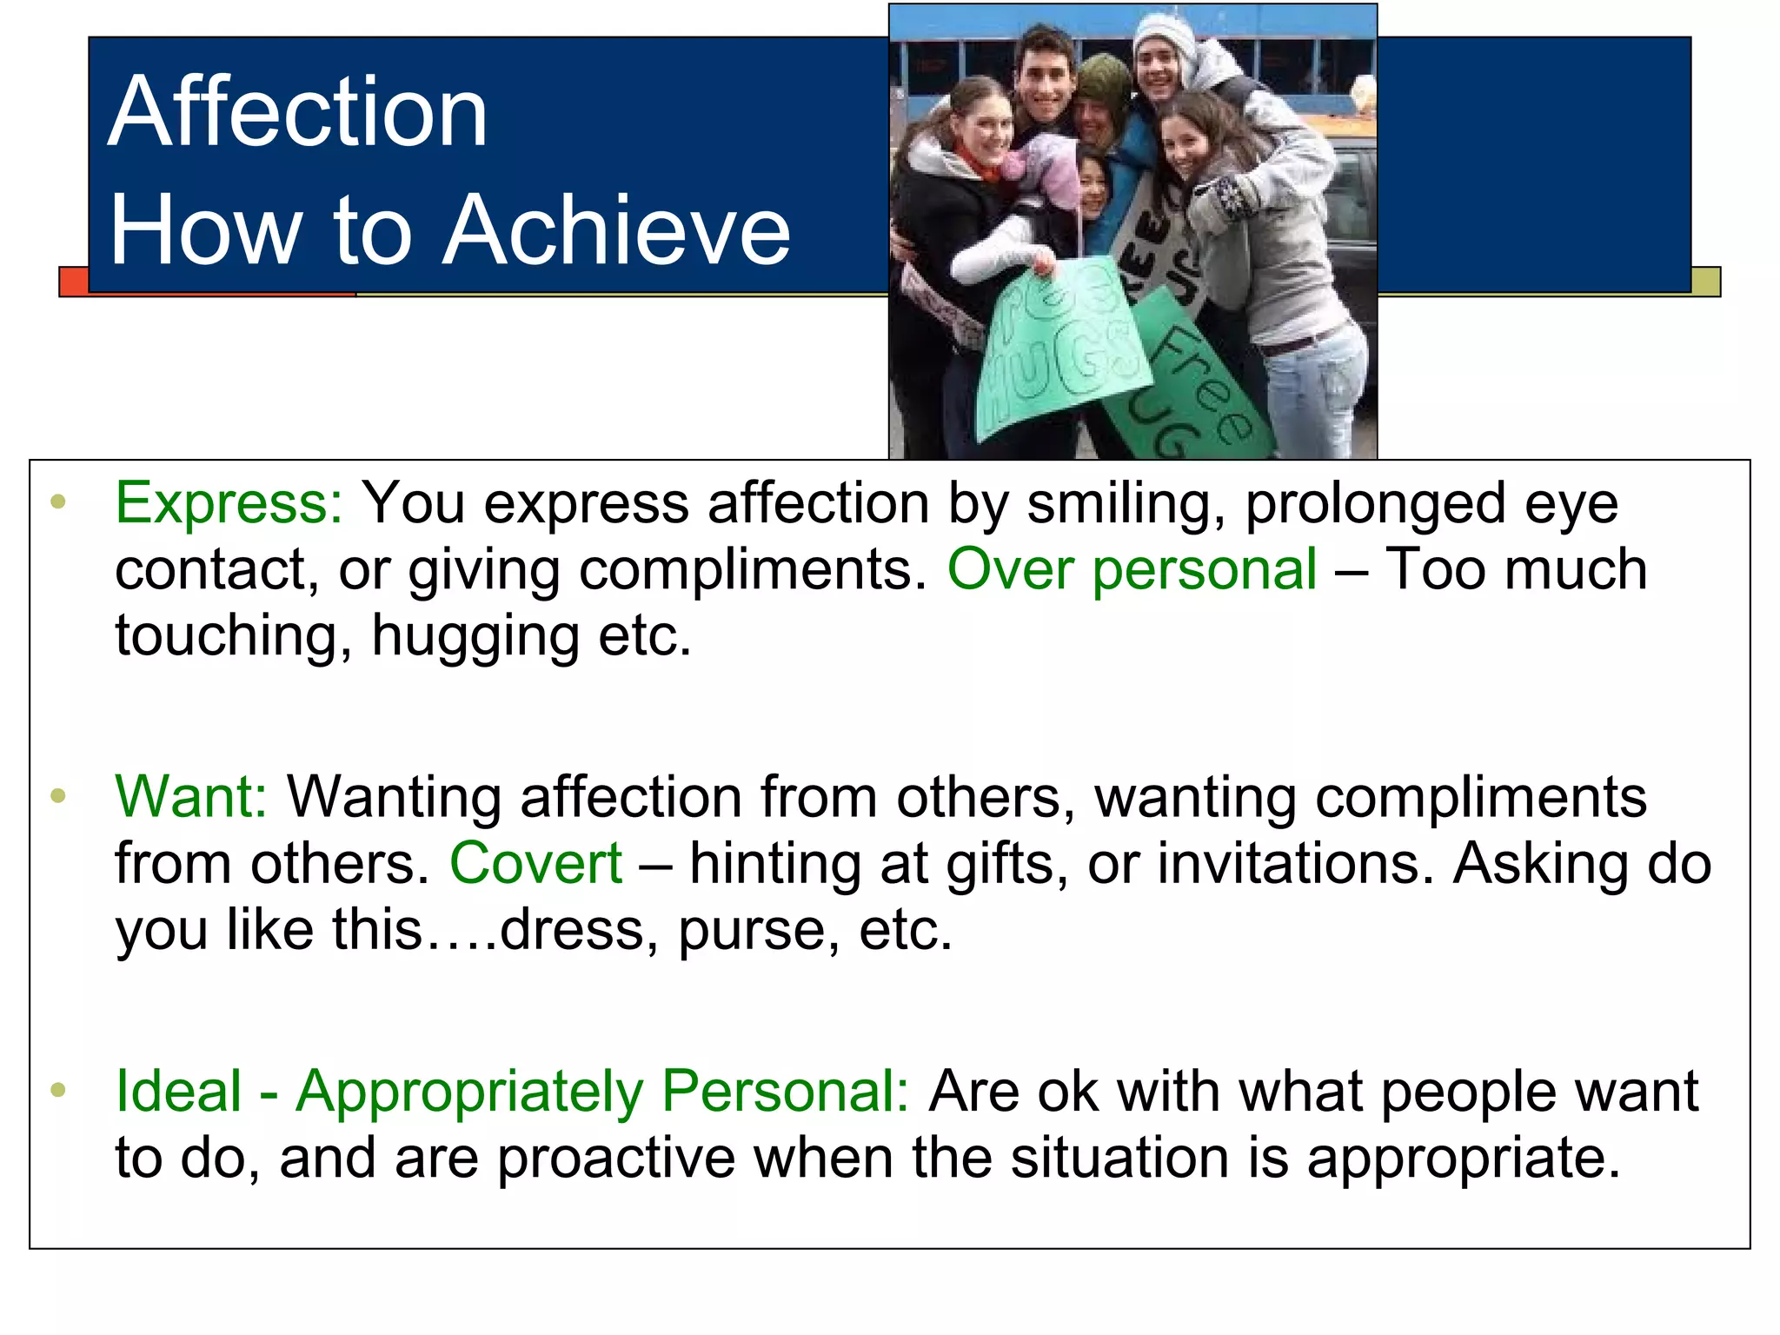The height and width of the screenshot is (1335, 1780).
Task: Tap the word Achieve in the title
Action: click(x=616, y=229)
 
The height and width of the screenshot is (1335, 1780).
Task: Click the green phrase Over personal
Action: click(x=1132, y=570)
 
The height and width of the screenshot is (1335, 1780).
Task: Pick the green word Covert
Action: click(x=535, y=863)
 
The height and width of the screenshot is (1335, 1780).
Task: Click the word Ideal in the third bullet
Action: click(x=178, y=1091)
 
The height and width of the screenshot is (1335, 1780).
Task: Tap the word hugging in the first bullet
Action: click(x=475, y=637)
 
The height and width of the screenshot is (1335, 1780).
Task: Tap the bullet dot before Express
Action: click(x=58, y=501)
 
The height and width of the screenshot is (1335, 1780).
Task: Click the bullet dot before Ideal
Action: click(x=58, y=1089)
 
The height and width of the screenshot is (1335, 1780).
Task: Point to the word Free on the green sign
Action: click(x=1204, y=383)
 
